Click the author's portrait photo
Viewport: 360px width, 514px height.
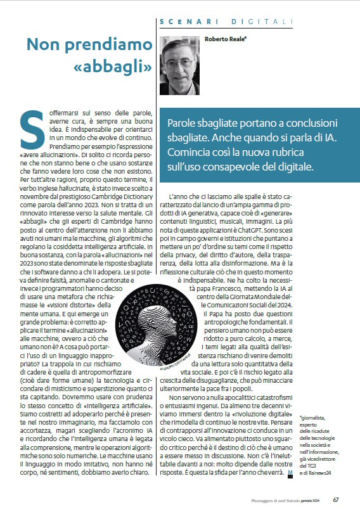click(x=180, y=64)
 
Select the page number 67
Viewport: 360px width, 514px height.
click(x=336, y=500)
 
